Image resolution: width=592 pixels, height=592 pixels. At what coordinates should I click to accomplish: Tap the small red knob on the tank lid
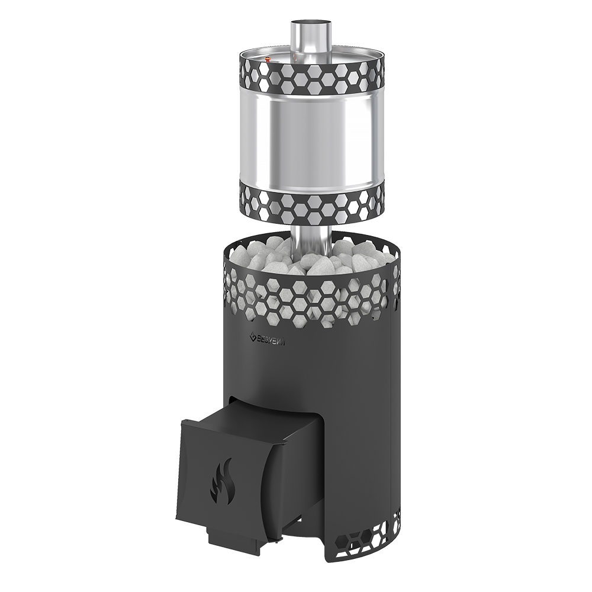268,59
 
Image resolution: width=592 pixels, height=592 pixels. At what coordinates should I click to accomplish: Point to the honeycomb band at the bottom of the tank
311,203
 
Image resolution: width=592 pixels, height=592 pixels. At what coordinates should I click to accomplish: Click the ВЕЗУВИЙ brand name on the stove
271,339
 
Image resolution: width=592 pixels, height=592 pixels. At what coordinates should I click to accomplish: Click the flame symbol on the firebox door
223,481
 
